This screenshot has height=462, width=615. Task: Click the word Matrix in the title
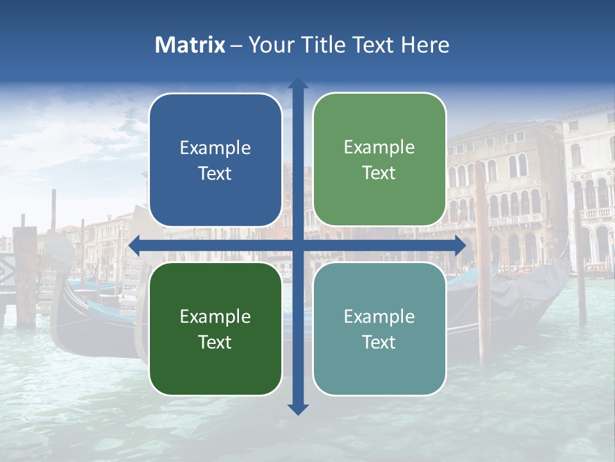pos(190,45)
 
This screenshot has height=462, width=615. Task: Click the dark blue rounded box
pos(215,160)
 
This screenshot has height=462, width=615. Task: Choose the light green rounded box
pos(379,160)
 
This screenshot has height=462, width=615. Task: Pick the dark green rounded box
pos(215,329)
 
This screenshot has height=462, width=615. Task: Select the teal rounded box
pos(379,329)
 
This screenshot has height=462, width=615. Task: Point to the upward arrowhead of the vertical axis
pos(298,83)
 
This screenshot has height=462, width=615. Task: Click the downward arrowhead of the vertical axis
pos(298,409)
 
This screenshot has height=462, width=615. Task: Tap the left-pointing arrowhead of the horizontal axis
pos(134,245)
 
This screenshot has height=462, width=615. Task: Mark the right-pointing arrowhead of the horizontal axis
pos(461,245)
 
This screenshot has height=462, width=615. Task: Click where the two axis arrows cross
pos(298,245)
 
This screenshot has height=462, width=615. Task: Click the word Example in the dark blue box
pos(215,148)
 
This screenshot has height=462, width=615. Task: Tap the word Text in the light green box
pos(379,173)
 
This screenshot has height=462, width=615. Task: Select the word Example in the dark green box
pos(215,316)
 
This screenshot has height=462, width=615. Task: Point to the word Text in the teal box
pos(379,343)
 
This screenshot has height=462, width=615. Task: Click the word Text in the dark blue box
pos(215,174)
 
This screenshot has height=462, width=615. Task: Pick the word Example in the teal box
pos(379,316)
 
